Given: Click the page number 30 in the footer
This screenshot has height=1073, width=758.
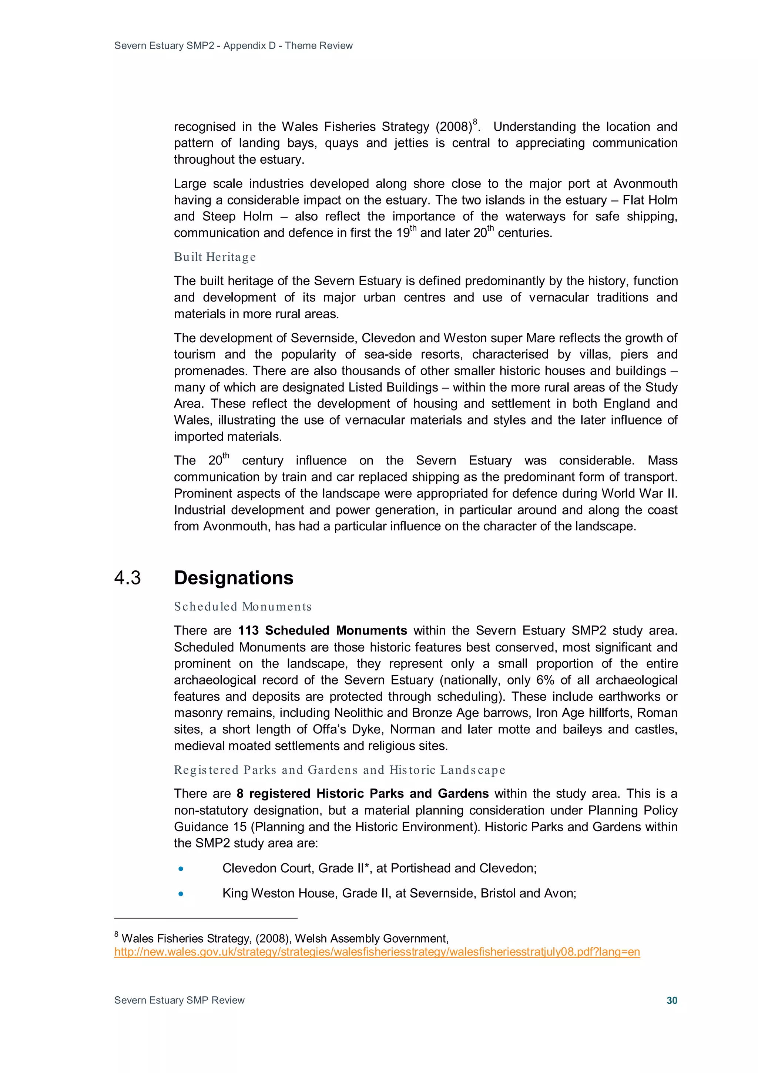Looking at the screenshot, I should [x=671, y=1000].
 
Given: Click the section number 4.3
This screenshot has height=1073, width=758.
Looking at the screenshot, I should [x=127, y=578].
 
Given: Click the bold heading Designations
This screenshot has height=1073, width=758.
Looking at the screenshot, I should [x=234, y=578].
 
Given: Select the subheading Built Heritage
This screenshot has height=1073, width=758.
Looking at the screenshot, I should [x=215, y=257].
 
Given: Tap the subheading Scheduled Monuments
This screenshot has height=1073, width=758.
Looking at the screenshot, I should [x=242, y=607].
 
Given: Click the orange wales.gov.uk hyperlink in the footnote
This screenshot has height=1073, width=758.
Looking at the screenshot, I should [x=376, y=952].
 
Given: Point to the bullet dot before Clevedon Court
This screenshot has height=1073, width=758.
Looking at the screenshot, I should [x=181, y=869].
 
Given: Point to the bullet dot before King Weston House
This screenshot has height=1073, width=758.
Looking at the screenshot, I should [x=181, y=893].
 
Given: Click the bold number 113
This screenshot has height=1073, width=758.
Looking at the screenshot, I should [x=248, y=630].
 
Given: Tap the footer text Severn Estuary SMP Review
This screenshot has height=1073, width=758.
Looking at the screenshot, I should [x=180, y=1000].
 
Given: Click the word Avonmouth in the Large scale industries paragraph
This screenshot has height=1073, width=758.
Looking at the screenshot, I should [x=645, y=184].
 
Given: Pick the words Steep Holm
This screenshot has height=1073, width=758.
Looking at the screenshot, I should [x=237, y=216].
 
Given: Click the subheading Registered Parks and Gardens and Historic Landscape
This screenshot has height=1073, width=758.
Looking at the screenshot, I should [x=339, y=770].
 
